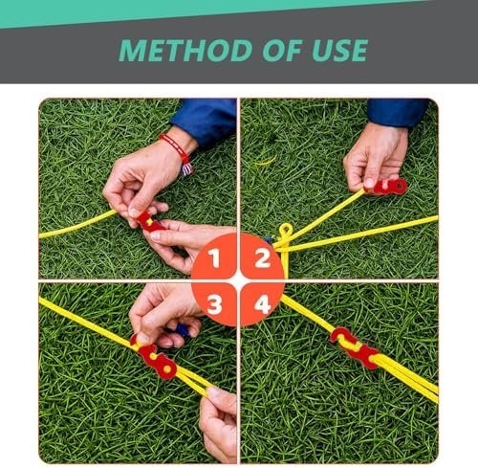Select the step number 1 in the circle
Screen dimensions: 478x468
coord(214,258)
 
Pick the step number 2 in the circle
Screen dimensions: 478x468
coord(262,258)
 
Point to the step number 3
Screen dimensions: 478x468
coord(214,304)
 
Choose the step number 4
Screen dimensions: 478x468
coord(263,304)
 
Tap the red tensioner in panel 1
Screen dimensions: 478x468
coord(149,222)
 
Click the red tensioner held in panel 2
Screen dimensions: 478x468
coord(388,187)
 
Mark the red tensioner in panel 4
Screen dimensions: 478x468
coord(354,347)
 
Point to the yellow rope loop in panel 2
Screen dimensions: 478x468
coord(286,231)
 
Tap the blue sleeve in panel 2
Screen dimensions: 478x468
coord(398,112)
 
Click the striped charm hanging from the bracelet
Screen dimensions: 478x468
coord(186,169)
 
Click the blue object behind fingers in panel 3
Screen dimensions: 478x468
coord(182,329)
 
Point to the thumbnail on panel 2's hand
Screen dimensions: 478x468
coord(369,182)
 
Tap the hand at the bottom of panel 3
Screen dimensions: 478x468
coord(218,423)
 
